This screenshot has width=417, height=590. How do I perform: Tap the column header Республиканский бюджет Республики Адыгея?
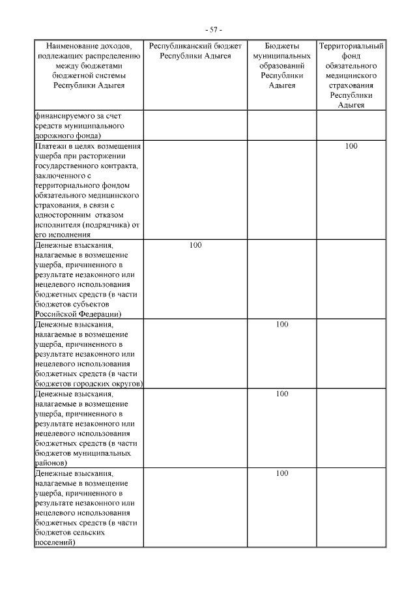coord(195,51)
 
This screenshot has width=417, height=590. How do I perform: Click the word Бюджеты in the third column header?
coord(282,46)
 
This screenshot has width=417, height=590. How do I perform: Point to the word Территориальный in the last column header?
coord(351,46)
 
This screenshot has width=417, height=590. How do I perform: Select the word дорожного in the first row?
coord(54,135)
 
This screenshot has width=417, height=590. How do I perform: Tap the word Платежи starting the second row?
coord(50,146)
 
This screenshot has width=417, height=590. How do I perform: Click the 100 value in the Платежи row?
coord(351,146)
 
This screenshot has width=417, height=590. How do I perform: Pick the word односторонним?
coord(63,215)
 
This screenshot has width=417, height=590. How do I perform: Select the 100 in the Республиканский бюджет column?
coord(195,245)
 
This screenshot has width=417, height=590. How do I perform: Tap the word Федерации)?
coord(97,314)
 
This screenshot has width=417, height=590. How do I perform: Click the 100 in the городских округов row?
coord(282,324)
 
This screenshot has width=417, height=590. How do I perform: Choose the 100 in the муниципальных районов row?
coord(282,393)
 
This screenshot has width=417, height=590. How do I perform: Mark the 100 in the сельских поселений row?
coord(282,473)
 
